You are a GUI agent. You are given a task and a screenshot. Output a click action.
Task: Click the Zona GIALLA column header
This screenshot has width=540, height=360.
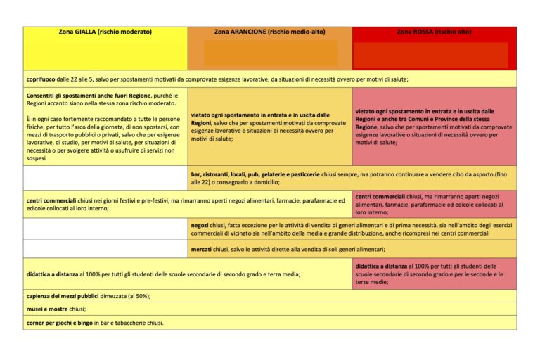point(105,32)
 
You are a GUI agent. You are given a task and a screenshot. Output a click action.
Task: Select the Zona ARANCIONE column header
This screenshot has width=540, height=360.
point(270,32)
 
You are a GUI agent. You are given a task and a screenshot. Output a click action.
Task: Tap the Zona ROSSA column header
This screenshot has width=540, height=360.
point(434,32)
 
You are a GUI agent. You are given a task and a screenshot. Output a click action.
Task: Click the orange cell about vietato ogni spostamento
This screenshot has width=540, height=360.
point(269,127)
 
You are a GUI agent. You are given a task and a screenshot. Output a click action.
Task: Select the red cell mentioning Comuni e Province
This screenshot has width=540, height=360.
point(434,127)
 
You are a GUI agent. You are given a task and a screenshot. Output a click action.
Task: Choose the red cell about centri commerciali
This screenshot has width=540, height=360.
point(434,204)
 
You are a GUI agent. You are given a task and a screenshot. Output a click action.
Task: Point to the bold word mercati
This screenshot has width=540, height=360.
point(202,249)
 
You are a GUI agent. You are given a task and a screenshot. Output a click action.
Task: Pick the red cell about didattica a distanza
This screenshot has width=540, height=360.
point(434,274)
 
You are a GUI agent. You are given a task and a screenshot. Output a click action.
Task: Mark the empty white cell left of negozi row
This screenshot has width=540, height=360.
point(105,229)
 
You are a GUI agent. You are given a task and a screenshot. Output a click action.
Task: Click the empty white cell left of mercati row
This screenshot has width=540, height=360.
point(105,249)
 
